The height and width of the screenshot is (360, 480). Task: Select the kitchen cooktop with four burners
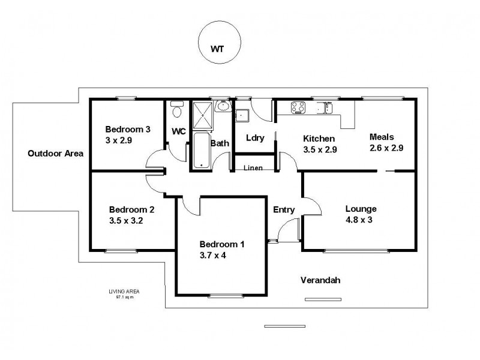pyautogui.click(x=298, y=108)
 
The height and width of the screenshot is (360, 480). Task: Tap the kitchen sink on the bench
pyautogui.click(x=327, y=108)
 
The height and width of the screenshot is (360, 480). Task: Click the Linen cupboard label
pyautogui.click(x=252, y=167)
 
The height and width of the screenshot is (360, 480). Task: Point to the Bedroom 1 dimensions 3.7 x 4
pyautogui.click(x=212, y=255)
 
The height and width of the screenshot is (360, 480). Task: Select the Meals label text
pyautogui.click(x=381, y=136)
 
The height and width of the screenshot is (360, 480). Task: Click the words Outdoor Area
pyautogui.click(x=55, y=154)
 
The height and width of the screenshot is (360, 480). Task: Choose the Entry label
pyautogui.click(x=284, y=209)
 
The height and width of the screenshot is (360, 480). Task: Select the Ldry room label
pyautogui.click(x=255, y=137)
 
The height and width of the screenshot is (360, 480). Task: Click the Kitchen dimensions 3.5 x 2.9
pyautogui.click(x=318, y=149)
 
